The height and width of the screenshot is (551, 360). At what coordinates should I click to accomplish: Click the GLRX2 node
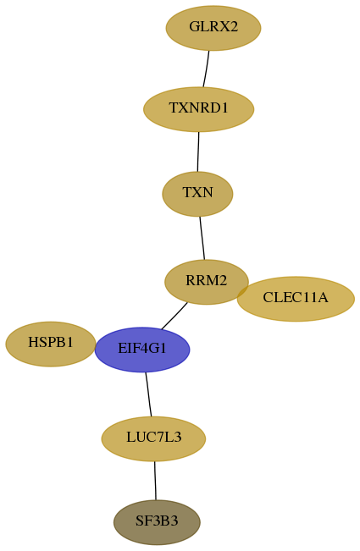213,28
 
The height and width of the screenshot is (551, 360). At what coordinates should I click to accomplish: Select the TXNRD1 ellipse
198,109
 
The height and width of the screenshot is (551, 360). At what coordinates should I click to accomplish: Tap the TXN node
197,194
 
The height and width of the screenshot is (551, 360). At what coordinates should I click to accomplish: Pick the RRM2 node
207,282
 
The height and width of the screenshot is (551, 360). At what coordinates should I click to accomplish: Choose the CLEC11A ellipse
296,299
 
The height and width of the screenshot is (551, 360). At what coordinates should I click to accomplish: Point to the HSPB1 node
51,344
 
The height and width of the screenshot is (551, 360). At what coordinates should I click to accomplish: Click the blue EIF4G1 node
142,350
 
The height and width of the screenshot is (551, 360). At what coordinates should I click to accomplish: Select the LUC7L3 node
153,438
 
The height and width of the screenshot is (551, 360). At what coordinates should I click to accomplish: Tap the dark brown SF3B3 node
157,522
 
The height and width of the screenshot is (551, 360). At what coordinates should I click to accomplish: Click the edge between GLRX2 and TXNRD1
206,69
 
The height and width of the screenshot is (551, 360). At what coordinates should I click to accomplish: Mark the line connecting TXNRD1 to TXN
198,152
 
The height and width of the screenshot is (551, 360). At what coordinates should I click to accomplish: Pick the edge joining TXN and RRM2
202,238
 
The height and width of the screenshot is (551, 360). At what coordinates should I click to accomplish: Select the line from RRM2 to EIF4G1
174,316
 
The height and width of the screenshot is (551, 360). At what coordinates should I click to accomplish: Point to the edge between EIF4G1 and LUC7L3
149,394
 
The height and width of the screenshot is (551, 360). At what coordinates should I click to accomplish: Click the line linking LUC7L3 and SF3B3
155,481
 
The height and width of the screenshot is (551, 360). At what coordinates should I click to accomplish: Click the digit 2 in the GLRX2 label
234,27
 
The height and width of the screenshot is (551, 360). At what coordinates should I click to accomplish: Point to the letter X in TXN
197,193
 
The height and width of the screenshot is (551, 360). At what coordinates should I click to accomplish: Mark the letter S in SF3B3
139,521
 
